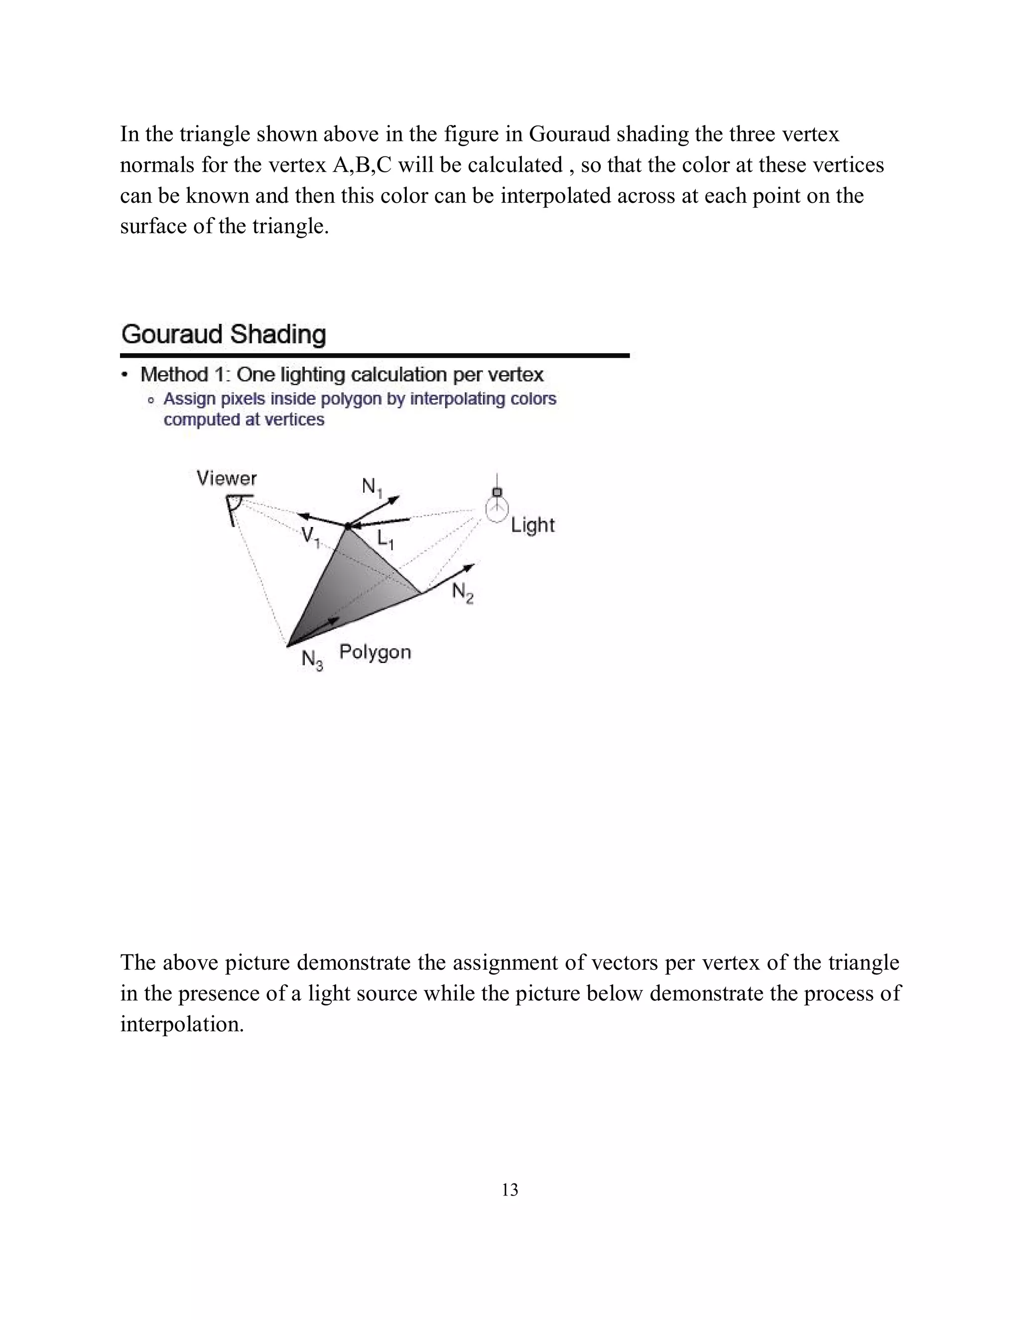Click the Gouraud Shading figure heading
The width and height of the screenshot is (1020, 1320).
pyautogui.click(x=224, y=334)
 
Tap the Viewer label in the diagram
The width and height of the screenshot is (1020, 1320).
pyautogui.click(x=227, y=479)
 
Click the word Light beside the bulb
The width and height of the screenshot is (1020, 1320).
pyautogui.click(x=532, y=525)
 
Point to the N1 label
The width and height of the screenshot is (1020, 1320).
pyautogui.click(x=372, y=487)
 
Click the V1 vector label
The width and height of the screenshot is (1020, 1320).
pyautogui.click(x=310, y=536)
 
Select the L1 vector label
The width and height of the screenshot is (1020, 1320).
pyautogui.click(x=385, y=538)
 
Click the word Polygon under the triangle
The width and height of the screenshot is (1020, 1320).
pyautogui.click(x=375, y=652)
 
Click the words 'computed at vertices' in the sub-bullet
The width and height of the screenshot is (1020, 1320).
pyautogui.click(x=244, y=419)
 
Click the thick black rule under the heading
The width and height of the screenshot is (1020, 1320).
pyautogui.click(x=375, y=355)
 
